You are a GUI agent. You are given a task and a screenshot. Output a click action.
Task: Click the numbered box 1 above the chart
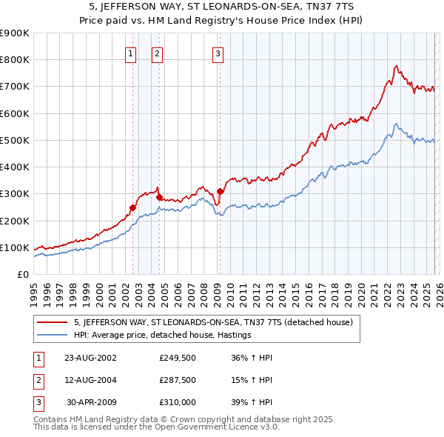(130, 53)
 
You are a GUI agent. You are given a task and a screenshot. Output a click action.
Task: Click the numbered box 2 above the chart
(158, 53)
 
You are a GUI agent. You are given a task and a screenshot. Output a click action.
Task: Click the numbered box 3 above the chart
(219, 53)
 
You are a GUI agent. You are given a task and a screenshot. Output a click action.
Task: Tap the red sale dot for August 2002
(133, 207)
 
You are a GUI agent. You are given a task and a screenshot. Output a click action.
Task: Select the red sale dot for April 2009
(220, 191)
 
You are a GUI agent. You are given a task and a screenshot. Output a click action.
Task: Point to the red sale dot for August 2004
(159, 197)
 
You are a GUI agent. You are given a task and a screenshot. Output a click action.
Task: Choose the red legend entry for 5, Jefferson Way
(214, 322)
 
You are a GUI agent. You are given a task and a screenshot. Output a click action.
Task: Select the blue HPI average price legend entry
(163, 335)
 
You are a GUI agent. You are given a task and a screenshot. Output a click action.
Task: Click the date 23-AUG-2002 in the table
(90, 357)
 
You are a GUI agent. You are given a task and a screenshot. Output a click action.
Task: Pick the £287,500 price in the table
(178, 379)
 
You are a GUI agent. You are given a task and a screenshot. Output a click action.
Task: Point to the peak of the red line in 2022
(396, 66)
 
